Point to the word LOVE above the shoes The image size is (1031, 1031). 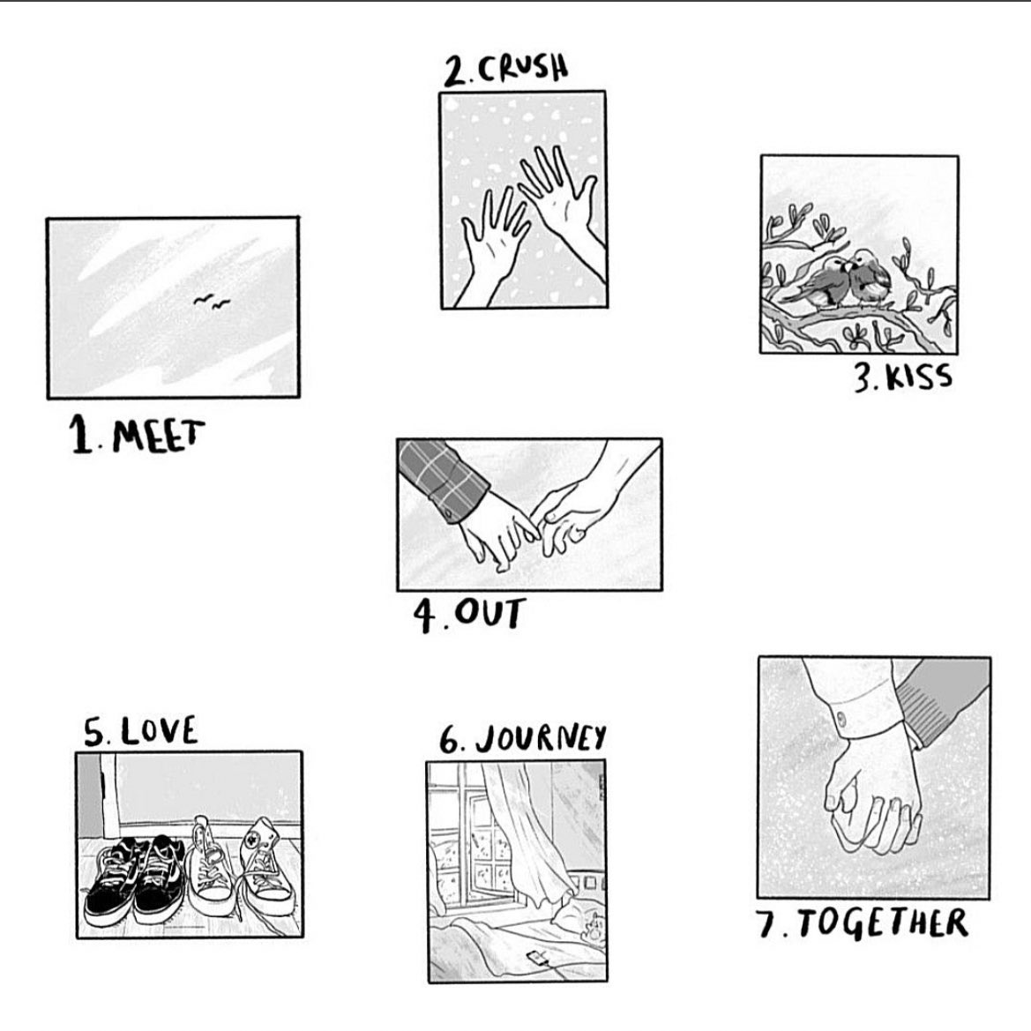pos(159,731)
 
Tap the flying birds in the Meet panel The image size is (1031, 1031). pos(211,303)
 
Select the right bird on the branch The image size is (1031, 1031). pos(866,279)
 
